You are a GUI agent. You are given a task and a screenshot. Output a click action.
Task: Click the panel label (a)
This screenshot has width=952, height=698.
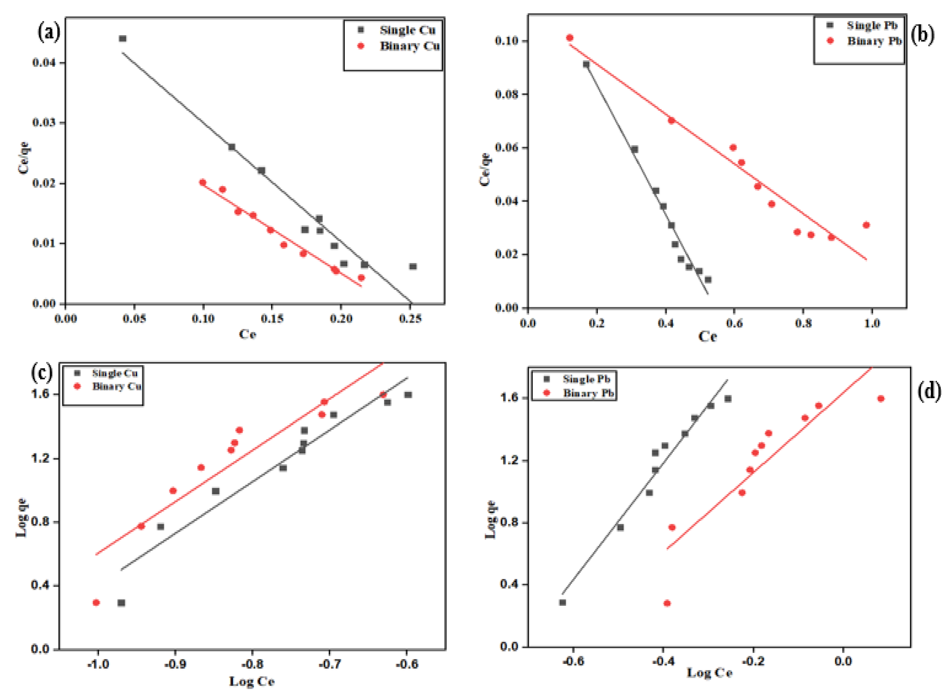[x=49, y=33]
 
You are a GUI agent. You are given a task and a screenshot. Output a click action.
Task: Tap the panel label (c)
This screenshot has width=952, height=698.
[x=42, y=372]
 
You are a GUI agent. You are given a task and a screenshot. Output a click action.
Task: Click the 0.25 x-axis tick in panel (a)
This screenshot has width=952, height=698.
[x=410, y=319]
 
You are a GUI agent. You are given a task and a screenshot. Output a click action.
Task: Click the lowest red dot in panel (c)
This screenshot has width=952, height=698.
[x=96, y=603]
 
